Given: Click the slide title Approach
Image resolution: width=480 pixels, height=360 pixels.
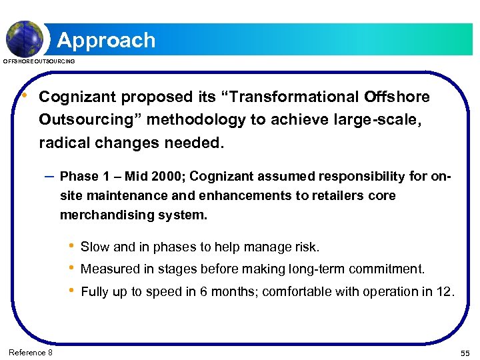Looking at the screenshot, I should click(106, 40).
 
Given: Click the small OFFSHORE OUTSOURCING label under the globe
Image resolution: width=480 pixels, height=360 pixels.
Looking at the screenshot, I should click(39, 61).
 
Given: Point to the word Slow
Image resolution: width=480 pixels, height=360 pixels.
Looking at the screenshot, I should click(95, 247).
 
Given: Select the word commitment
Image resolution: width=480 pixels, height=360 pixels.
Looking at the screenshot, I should click(393, 269).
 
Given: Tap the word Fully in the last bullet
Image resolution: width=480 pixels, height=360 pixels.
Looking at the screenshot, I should click(95, 291).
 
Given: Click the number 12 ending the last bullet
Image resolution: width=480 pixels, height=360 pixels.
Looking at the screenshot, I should click(446, 291).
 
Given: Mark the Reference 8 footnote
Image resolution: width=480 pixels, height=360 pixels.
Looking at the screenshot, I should click(31, 352).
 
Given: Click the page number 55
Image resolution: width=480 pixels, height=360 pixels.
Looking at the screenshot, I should click(465, 352).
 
